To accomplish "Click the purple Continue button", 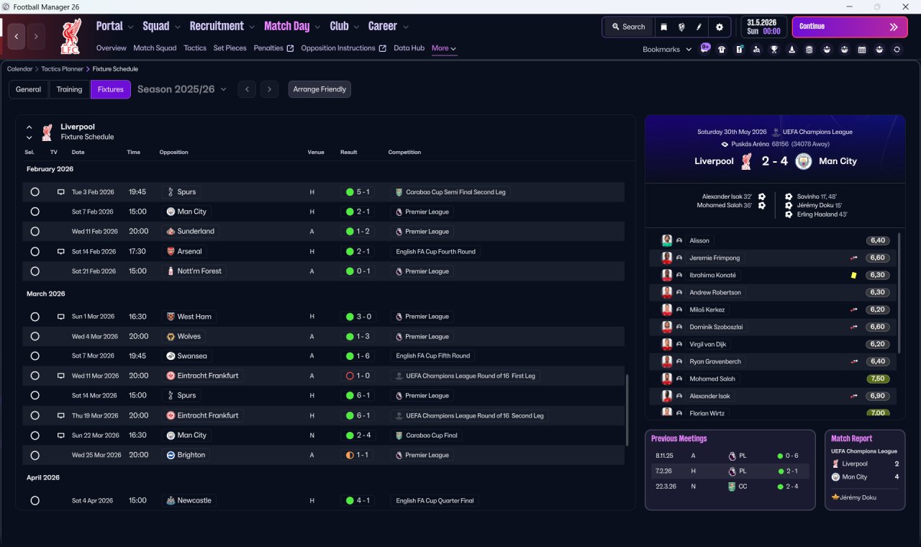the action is (x=850, y=27).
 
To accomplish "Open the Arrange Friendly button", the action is (x=319, y=89).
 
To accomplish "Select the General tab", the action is (x=28, y=89).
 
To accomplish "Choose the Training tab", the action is (x=69, y=89).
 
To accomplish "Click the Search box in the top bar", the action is (x=629, y=27).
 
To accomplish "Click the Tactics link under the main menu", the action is (x=195, y=48).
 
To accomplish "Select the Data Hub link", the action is (x=409, y=48).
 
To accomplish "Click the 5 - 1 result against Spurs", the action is (x=358, y=192).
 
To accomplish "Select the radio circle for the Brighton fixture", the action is (x=35, y=456).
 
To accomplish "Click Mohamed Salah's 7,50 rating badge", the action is (x=878, y=379).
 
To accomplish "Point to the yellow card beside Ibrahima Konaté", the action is (x=853, y=275).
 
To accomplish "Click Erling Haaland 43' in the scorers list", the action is (x=822, y=214).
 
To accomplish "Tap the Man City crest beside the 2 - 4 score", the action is (x=804, y=161).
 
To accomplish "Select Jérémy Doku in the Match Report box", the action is (x=858, y=497).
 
